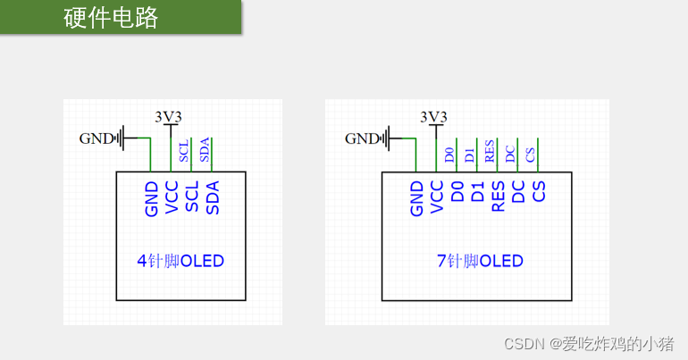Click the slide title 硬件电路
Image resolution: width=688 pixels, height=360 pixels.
pos(111,18)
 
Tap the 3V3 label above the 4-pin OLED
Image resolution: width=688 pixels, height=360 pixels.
pos(169,116)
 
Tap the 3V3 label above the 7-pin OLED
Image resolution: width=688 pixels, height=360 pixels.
pos(433,116)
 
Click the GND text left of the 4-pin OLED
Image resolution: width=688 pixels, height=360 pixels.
pos(97,138)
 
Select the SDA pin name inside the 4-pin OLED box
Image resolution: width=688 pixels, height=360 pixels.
pos(213,197)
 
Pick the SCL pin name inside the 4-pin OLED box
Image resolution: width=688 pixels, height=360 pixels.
pos(192,197)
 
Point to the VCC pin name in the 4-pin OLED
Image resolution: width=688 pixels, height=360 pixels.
pos(172,197)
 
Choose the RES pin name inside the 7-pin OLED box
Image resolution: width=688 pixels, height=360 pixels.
pos(499,197)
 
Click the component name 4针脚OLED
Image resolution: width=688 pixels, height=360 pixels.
pos(180,262)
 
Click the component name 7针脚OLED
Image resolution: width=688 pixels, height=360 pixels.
pos(480,262)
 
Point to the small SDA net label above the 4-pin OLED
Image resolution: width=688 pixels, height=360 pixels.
pos(206,150)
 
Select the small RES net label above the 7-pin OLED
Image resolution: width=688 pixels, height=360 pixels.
pos(491,150)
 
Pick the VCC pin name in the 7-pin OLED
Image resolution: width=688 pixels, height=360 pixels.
pos(437,197)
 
